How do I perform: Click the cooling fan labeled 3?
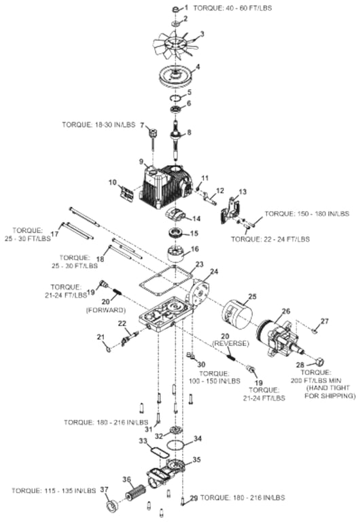point(176,44)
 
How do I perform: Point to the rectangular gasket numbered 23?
point(165,281)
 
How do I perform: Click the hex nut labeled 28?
point(319,361)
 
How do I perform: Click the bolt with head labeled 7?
point(154,139)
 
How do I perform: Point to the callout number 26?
point(286,311)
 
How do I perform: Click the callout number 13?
point(243,192)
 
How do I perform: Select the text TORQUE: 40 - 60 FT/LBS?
point(232,7)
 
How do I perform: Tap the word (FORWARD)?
point(106,310)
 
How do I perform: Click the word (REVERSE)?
point(230,343)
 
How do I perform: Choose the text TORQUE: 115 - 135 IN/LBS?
point(54,491)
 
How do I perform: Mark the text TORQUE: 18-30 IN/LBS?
point(98,125)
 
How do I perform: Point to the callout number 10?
point(113,182)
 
